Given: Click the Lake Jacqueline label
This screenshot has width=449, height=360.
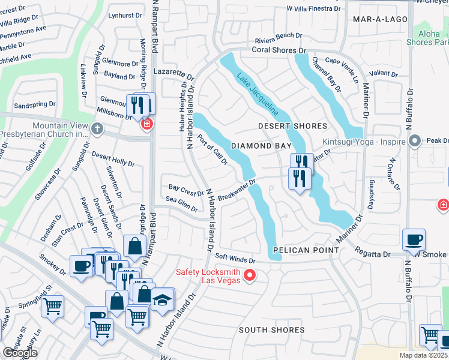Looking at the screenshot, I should point(258,94).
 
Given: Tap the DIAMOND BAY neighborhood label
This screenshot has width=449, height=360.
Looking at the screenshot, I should point(261,146).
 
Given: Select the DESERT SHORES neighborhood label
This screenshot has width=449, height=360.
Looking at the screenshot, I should point(292,126).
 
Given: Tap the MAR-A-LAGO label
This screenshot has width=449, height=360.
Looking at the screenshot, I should point(380,19).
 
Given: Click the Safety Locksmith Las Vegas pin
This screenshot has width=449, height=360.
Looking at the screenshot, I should point(250,276).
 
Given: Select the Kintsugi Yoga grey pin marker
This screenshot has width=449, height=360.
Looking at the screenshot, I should point(414,142).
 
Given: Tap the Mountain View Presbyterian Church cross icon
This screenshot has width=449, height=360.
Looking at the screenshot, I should point(97,128).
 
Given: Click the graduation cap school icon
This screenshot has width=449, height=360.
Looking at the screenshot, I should point(162,298).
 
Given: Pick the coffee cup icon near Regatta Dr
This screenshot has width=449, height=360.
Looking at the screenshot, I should point(414,239).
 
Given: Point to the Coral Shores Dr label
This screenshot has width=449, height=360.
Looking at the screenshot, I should point(279,51).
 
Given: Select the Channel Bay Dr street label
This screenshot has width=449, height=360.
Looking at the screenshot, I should point(325,74).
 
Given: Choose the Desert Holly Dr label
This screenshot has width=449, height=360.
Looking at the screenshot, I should point(113,159).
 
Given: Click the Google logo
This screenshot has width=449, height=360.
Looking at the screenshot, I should point(20,353).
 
